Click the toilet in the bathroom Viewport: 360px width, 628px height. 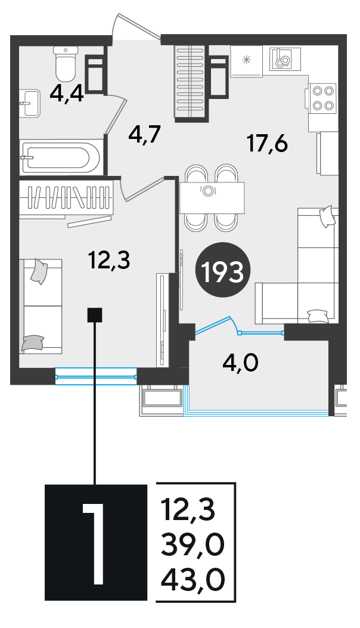66,63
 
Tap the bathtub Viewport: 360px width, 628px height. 61,157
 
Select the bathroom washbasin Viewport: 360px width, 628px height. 30,103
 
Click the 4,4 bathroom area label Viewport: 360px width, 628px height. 67,95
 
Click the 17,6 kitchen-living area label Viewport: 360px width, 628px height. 268,143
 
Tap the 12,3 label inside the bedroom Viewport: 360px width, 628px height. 109,260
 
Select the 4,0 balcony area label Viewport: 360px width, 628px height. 240,363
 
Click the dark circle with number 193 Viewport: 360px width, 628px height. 223,270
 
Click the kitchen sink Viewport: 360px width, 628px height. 285,58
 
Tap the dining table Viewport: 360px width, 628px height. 212,197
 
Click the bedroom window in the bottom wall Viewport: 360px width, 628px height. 96,376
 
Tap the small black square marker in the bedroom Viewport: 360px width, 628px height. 95,315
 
